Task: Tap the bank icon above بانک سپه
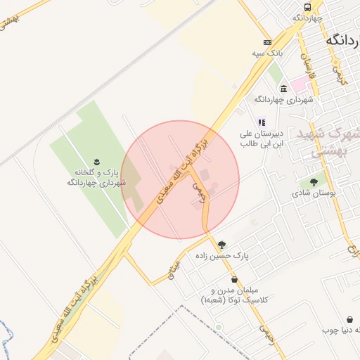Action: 267,42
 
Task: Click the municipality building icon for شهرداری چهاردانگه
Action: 283,89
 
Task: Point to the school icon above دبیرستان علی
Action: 262,122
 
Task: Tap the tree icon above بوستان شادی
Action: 314,182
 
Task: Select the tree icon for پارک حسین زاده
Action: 222,245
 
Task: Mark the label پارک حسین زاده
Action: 243,257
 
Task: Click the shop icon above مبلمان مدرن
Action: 234,279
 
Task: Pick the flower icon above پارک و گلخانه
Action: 97,162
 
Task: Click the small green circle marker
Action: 219,327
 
